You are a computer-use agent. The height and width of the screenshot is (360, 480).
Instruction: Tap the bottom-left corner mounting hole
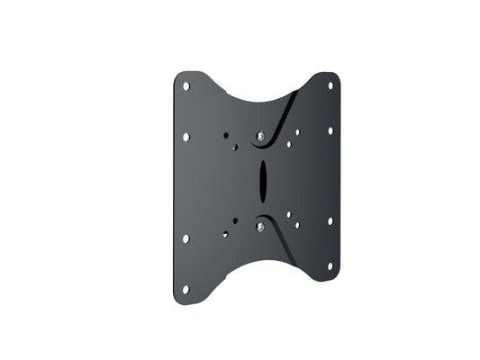(x=186, y=290)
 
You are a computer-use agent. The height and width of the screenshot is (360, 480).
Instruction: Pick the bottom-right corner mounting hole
(x=331, y=265)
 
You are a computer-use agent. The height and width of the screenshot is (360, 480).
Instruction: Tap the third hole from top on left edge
(x=186, y=238)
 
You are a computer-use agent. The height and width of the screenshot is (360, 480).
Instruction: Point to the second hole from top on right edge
(x=331, y=130)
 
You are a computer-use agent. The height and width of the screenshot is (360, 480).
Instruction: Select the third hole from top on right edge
(x=331, y=220)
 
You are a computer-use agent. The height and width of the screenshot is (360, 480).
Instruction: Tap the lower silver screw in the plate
(x=260, y=227)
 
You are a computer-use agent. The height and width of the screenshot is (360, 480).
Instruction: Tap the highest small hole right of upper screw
(x=298, y=132)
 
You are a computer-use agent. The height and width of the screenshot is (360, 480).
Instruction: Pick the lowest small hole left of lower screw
(x=225, y=233)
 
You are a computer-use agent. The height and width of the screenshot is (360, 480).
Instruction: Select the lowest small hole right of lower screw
(x=298, y=224)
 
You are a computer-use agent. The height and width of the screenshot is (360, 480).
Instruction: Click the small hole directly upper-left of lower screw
(x=235, y=220)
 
